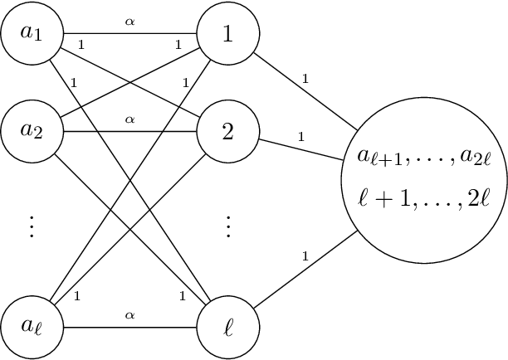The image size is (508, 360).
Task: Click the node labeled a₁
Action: (x=32, y=34)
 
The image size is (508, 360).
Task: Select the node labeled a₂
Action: (x=32, y=131)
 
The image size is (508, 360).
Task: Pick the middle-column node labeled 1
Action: (x=228, y=34)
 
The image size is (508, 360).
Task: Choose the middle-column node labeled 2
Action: (x=228, y=131)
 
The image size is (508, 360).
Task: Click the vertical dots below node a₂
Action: (x=32, y=226)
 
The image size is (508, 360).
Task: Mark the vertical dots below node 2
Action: (x=228, y=226)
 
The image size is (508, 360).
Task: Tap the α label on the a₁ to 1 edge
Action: (x=129, y=22)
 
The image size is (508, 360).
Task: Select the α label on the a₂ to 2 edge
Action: (x=129, y=119)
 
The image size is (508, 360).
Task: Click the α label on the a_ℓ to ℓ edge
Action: (x=129, y=314)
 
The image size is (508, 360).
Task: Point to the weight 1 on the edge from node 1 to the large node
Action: (x=306, y=80)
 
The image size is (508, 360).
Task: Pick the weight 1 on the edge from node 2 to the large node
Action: (x=300, y=135)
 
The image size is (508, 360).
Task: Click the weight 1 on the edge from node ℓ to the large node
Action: (x=305, y=257)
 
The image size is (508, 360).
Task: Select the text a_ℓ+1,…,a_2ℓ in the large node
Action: (x=424, y=157)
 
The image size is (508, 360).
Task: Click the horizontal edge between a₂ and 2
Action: (x=158, y=131)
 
